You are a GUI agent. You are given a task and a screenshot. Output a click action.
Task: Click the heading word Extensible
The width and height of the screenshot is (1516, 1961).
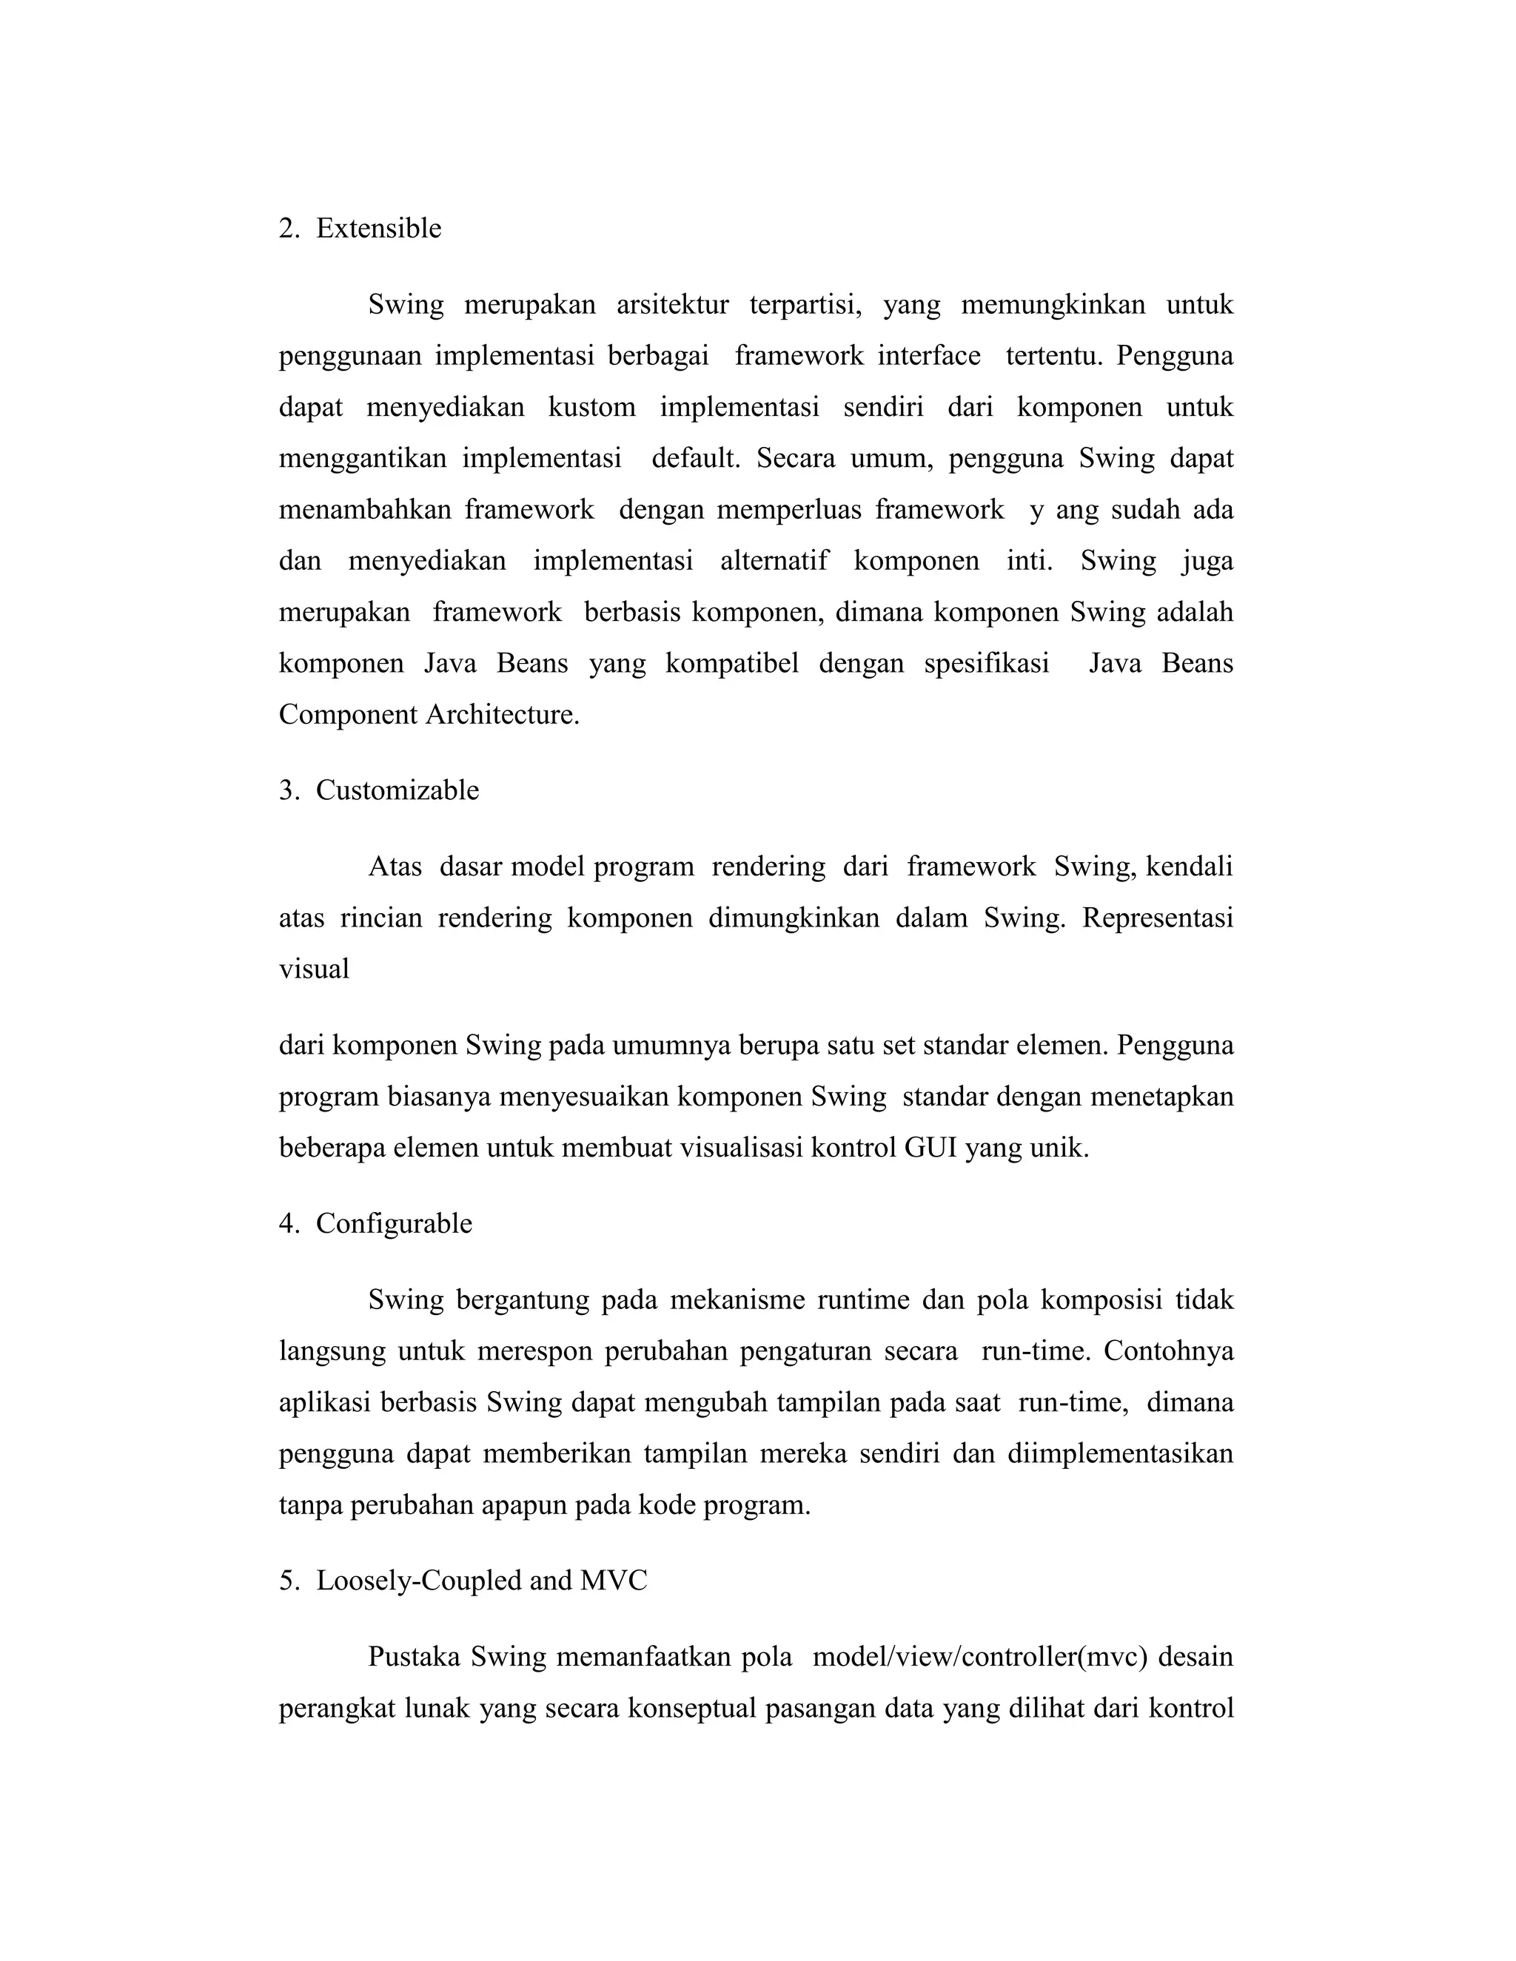pyautogui.click(x=378, y=229)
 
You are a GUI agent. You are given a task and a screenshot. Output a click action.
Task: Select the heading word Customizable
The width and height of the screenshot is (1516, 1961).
pyautogui.click(x=397, y=790)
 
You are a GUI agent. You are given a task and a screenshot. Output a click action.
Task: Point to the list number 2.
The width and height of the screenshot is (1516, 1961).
pyautogui.click(x=288, y=229)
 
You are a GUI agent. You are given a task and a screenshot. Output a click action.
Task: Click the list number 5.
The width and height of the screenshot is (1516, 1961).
pyautogui.click(x=288, y=1581)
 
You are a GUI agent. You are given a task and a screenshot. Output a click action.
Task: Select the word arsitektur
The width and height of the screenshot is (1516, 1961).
pyautogui.click(x=672, y=306)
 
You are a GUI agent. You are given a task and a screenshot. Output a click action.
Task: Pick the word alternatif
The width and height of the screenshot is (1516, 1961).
pyautogui.click(x=774, y=561)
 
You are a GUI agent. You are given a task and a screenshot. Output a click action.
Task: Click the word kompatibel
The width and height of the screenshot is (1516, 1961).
pyautogui.click(x=732, y=664)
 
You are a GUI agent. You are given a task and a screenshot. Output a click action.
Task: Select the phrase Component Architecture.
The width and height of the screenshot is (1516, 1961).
pyautogui.click(x=429, y=715)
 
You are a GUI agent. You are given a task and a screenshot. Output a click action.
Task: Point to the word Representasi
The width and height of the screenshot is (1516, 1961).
pyautogui.click(x=1157, y=918)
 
